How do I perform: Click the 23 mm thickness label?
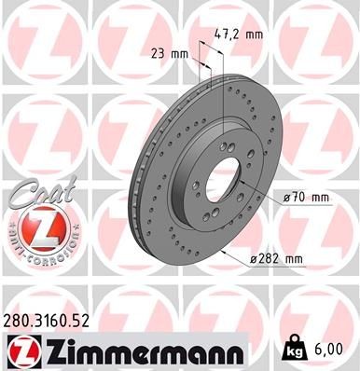coord(170,54)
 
